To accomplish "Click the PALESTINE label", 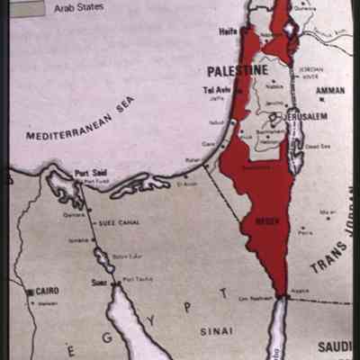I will tap(238, 70).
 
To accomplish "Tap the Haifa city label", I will tap(229, 31).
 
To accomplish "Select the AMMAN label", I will tap(330, 90).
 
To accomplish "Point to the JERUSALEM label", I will tap(306, 116).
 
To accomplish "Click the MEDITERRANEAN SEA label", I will tap(80, 122).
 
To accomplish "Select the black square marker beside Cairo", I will tap(30, 291).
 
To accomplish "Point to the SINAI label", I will tap(217, 330).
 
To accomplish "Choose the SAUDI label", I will tap(336, 346).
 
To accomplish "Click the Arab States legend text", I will tap(79, 7).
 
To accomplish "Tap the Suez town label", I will tap(99, 281).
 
